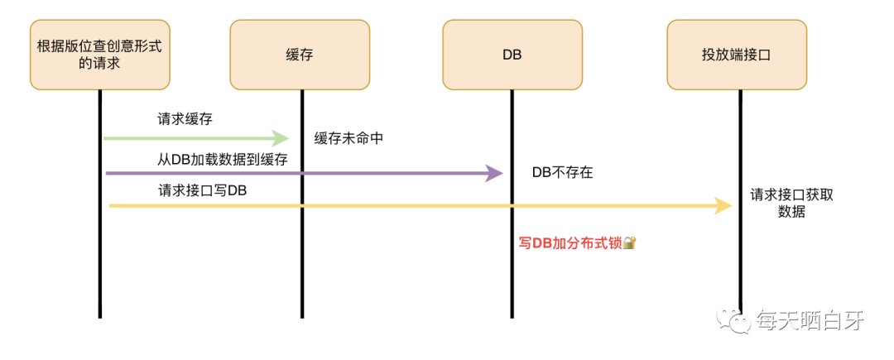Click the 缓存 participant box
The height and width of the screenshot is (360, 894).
[299, 55]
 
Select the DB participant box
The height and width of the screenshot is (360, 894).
[512, 55]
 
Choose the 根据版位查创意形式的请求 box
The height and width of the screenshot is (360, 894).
[99, 55]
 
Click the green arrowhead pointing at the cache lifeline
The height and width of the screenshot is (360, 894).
[281, 138]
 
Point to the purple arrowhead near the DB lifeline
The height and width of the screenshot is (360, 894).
[494, 173]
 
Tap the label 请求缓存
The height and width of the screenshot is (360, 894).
[185, 119]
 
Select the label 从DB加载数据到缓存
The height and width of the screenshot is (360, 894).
[223, 160]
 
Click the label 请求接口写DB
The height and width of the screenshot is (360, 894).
[202, 190]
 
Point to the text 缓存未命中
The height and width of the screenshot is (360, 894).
[348, 138]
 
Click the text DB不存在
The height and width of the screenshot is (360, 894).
[563, 173]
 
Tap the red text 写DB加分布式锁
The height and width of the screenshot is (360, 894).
[570, 243]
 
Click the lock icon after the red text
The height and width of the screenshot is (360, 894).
[629, 243]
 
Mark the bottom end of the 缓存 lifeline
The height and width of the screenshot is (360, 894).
[301, 316]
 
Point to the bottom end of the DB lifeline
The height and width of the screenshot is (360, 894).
[512, 316]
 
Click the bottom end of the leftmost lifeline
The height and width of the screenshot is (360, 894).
[99, 316]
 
